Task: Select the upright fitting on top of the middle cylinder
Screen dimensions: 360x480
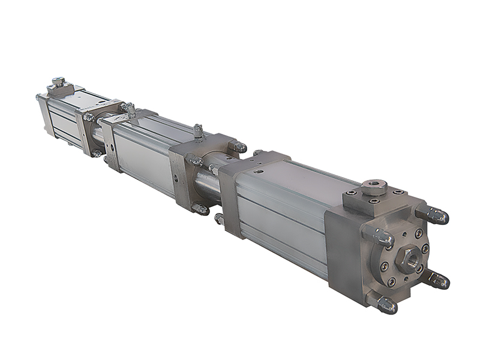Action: (197, 131)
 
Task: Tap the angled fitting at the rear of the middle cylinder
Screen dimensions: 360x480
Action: (128, 109)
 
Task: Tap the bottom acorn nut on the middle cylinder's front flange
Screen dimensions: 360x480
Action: (200, 209)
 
